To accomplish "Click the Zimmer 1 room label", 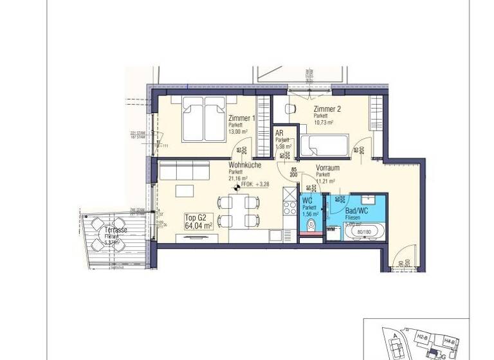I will (242, 119).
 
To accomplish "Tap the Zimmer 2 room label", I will (327, 109).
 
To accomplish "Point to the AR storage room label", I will (280, 134).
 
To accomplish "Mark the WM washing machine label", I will (331, 228).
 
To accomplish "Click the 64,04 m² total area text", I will (197, 226).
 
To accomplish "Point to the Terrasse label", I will (117, 230).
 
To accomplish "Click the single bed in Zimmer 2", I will (325, 143).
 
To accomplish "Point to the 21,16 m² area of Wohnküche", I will (238, 179).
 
